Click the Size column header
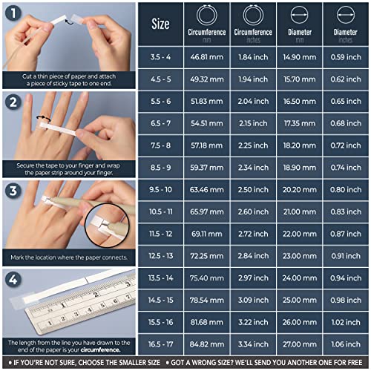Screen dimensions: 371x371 [x=160, y=24]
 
